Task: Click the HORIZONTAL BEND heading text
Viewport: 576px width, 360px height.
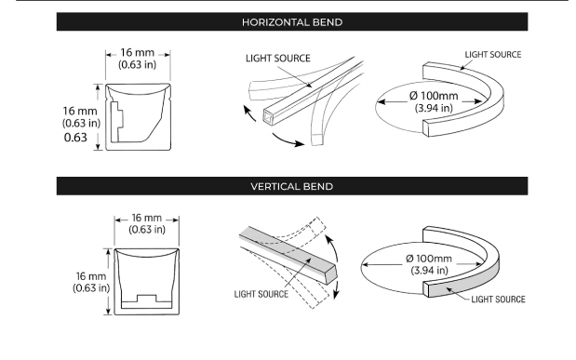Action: click(x=292, y=22)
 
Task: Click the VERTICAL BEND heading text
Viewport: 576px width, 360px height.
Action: click(x=292, y=186)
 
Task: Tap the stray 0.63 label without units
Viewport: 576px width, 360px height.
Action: click(x=75, y=138)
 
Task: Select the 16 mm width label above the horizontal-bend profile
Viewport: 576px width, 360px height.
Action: click(x=138, y=52)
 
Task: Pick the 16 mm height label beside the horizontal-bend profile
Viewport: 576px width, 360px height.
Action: click(x=80, y=111)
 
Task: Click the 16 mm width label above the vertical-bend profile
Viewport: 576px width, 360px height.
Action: click(x=147, y=218)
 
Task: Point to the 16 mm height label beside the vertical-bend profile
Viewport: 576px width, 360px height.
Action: click(x=91, y=276)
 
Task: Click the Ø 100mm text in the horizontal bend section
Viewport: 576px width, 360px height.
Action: click(x=434, y=96)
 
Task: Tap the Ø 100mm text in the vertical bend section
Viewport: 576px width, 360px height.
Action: click(x=429, y=259)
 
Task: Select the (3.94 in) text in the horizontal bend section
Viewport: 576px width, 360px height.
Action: click(x=434, y=108)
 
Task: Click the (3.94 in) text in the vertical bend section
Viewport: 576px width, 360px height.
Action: click(x=429, y=271)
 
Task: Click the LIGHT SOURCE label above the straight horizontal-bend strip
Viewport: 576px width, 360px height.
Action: click(x=278, y=59)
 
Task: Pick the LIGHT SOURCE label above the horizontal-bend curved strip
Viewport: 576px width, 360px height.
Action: click(x=493, y=55)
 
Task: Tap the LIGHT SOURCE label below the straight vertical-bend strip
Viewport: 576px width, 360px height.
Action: click(x=261, y=294)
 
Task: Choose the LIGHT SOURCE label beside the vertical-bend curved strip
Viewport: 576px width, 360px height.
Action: click(x=498, y=300)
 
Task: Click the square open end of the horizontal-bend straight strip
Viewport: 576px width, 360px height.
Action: click(x=269, y=117)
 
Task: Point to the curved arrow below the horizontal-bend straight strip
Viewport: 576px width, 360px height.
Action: click(x=288, y=141)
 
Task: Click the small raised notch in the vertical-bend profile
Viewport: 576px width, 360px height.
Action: click(x=147, y=298)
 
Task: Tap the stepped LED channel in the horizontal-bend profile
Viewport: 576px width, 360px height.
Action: click(x=117, y=122)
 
